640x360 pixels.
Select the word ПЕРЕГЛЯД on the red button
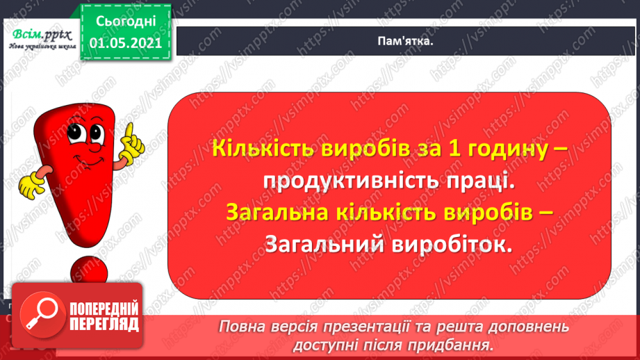tap(104, 324)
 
